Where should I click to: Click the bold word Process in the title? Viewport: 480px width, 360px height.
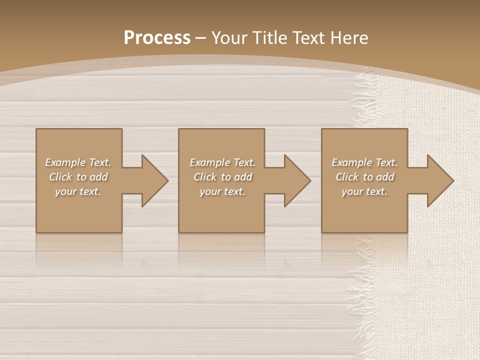[x=157, y=37]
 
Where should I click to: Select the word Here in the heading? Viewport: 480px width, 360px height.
[x=350, y=37]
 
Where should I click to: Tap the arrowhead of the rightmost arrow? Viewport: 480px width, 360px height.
[x=440, y=181]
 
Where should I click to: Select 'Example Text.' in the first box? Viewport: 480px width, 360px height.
[x=78, y=162]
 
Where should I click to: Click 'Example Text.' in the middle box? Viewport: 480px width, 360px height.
[x=222, y=162]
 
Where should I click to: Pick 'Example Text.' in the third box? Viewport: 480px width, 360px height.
[x=364, y=162]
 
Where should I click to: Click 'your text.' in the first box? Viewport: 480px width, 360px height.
[x=78, y=191]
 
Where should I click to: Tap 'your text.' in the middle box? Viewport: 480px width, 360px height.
[x=222, y=191]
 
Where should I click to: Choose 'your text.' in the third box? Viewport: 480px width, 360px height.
[x=364, y=191]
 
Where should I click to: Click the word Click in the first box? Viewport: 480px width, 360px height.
[x=60, y=177]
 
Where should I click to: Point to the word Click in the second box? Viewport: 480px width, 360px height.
[x=205, y=177]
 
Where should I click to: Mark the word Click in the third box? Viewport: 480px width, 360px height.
[x=347, y=177]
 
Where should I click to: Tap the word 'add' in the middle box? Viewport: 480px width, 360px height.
[x=243, y=177]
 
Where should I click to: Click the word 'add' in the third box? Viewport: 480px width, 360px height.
[x=385, y=177]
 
